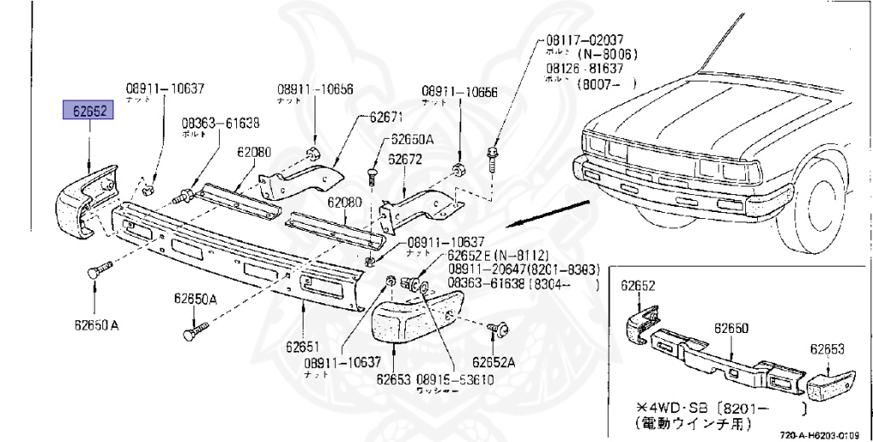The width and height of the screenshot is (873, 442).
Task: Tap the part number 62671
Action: point(385,116)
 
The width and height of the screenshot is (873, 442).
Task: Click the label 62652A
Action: point(494,361)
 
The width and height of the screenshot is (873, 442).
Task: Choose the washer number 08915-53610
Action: point(455,379)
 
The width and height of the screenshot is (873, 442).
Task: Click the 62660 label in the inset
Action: point(731,328)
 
